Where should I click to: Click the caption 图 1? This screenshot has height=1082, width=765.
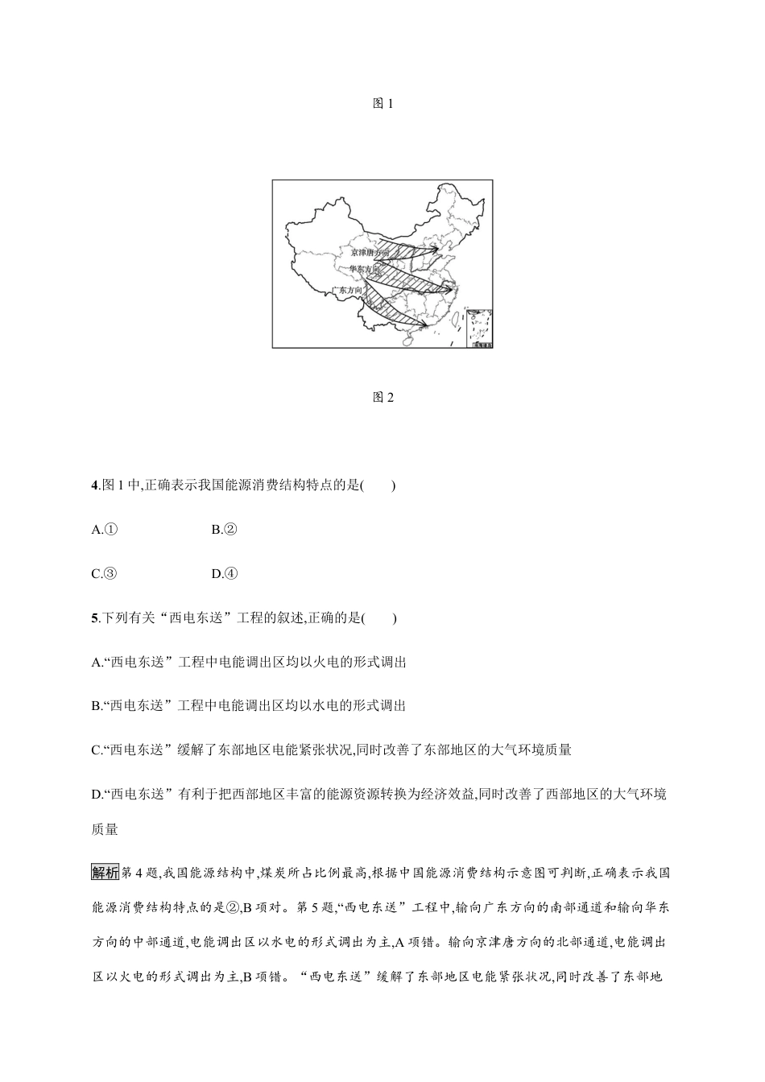tap(382, 104)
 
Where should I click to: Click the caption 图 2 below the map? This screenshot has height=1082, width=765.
tap(382, 397)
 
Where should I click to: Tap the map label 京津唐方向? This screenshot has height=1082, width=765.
tap(370, 252)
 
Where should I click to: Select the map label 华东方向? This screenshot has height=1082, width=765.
tap(364, 269)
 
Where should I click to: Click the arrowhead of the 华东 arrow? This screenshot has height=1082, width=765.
tap(449, 288)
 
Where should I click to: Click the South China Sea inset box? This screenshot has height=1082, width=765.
tap(479, 327)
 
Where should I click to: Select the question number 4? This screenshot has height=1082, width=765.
tap(96, 485)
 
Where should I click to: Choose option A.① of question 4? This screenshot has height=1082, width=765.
tap(105, 530)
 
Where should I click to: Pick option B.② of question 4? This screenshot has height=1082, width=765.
tap(223, 530)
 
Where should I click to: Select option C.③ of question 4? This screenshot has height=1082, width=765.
tap(105, 574)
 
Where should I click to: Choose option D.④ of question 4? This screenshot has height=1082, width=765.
tap(224, 574)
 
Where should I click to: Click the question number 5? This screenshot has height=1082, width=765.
tap(96, 618)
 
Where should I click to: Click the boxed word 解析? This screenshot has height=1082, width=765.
tap(105, 873)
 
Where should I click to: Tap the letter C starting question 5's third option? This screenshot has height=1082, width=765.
tap(97, 750)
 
